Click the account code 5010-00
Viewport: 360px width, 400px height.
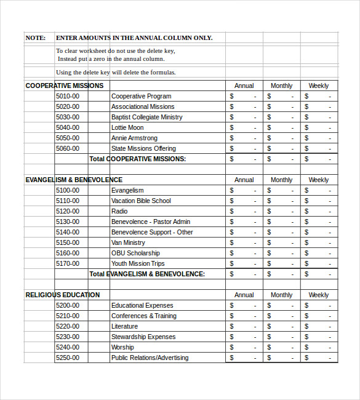tap(67, 96)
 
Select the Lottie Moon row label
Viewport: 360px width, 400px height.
tap(127, 127)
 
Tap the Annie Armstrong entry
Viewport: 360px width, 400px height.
tap(134, 138)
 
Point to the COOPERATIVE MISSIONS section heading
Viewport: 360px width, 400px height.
tap(65, 86)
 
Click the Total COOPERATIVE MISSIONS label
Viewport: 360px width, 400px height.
tap(138, 159)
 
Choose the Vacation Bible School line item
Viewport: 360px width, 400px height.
tap(141, 201)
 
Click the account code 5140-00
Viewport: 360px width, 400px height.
tap(67, 232)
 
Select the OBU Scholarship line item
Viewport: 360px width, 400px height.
tap(135, 253)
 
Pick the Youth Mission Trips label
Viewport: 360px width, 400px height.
tap(138, 263)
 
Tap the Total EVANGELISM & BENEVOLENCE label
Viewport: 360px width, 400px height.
tap(147, 274)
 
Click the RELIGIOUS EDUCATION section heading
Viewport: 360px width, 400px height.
tap(62, 295)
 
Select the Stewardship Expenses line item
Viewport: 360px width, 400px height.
tap(143, 337)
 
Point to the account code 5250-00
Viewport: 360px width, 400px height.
tap(67, 358)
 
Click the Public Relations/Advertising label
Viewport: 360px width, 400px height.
tap(150, 358)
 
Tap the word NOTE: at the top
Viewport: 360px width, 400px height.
tap(35, 38)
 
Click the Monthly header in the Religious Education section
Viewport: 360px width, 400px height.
tap(281, 295)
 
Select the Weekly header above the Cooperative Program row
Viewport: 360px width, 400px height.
tap(319, 86)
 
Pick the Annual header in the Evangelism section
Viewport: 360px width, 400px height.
tap(244, 180)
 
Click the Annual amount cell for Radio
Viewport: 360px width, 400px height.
tap(244, 211)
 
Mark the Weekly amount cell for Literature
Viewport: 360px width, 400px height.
tap(319, 326)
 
